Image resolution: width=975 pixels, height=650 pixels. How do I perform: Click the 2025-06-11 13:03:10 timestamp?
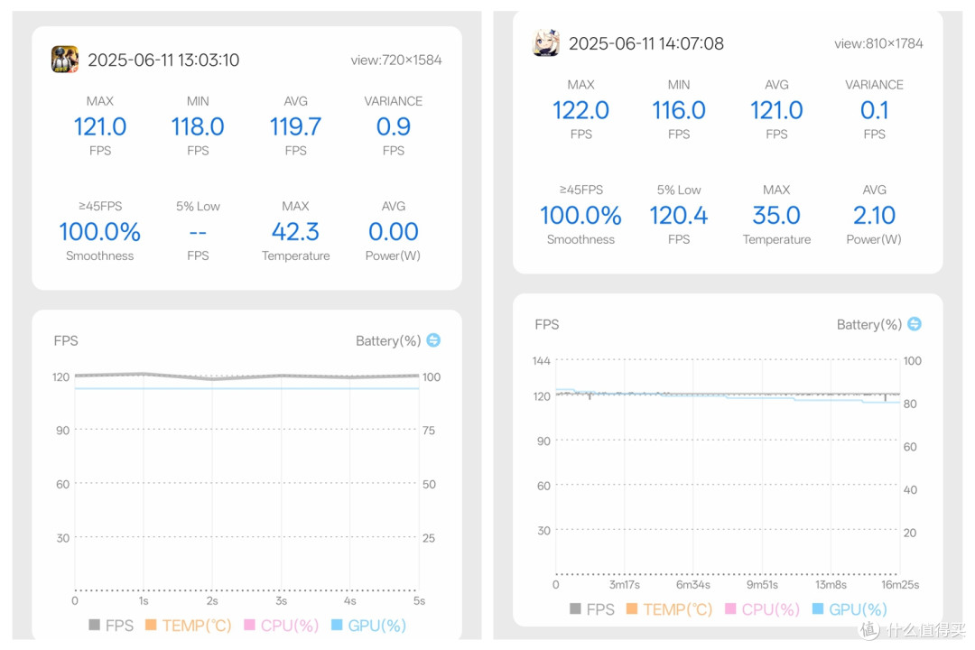[x=163, y=60]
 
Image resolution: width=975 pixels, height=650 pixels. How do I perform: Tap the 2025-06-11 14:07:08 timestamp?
[x=646, y=43]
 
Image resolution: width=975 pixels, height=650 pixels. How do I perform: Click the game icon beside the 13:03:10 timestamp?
[x=65, y=60]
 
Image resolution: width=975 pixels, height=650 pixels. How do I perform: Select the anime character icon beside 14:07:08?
[x=546, y=43]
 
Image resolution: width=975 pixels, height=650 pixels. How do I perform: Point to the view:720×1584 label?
[x=396, y=60]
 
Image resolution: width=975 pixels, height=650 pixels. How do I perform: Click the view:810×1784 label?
[x=878, y=43]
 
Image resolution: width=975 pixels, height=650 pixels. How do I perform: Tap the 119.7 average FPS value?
[x=295, y=127]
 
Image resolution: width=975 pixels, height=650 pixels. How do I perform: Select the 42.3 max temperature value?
[x=295, y=232]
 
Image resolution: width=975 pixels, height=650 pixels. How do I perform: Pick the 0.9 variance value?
[x=393, y=127]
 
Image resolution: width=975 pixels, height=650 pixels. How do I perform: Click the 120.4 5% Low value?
[x=678, y=216]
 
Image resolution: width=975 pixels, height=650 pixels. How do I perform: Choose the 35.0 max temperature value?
[x=776, y=216]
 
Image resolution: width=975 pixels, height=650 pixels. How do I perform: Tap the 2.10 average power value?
[x=874, y=216]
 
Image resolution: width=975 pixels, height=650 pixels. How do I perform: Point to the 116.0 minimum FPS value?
[x=678, y=111]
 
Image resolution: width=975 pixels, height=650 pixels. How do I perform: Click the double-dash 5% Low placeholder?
[x=198, y=233]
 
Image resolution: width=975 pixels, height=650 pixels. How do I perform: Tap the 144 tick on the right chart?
[x=541, y=361]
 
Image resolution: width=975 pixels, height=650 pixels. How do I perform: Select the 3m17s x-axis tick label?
[x=625, y=585]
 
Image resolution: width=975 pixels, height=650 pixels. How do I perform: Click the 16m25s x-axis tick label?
[x=900, y=585]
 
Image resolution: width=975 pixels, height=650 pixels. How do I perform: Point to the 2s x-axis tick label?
[x=212, y=601]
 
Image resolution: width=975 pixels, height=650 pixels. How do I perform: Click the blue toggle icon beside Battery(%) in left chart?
[x=433, y=340]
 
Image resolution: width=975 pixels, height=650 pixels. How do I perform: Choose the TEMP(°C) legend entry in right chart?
[x=670, y=609]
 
